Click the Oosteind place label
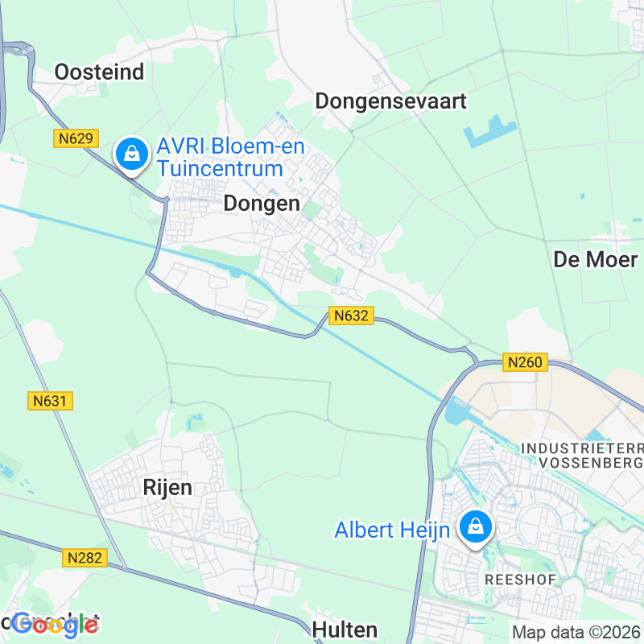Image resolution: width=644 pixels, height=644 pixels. [99, 72]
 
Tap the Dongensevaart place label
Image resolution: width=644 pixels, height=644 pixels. [390, 101]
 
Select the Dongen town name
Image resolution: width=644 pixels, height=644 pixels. [262, 204]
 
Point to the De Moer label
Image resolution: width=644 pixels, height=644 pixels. [596, 259]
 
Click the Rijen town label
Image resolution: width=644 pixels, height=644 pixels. [167, 487]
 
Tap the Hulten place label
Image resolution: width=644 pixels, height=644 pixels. [345, 628]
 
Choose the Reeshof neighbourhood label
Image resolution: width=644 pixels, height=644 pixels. [510, 580]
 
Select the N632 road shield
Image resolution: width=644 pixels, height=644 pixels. [352, 316]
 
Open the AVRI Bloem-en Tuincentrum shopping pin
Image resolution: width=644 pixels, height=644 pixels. [130, 153]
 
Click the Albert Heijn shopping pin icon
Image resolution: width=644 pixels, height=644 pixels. [476, 528]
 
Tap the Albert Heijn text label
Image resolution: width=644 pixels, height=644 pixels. [392, 530]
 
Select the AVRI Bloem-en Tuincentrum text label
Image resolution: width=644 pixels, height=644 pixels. [221, 158]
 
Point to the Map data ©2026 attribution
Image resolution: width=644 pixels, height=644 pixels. [576, 632]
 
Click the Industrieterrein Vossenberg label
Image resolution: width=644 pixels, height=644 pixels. [582, 455]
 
